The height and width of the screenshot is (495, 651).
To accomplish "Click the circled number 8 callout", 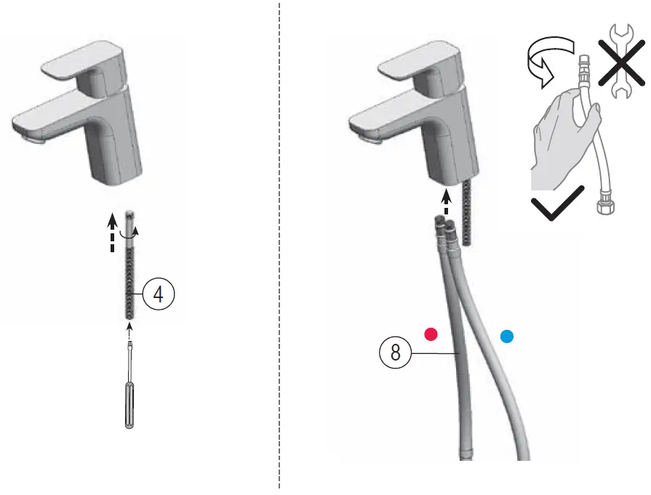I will coord(395,353).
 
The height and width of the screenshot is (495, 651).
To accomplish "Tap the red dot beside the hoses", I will coord(431,334).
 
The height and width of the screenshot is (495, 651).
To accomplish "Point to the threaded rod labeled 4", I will coord(129,280).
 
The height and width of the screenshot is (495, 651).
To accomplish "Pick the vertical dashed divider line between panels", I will coord(279,247).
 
